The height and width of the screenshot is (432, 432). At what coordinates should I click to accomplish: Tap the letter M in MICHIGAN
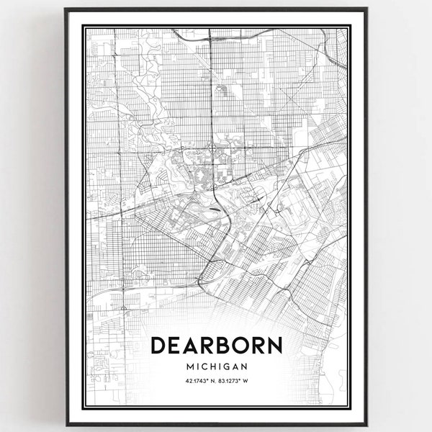(x=189, y=366)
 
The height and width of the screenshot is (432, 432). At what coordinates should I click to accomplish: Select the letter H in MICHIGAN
(x=217, y=366)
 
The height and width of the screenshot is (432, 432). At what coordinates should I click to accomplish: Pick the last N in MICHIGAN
(x=246, y=366)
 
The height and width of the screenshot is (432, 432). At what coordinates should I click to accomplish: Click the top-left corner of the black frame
(x=66, y=9)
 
